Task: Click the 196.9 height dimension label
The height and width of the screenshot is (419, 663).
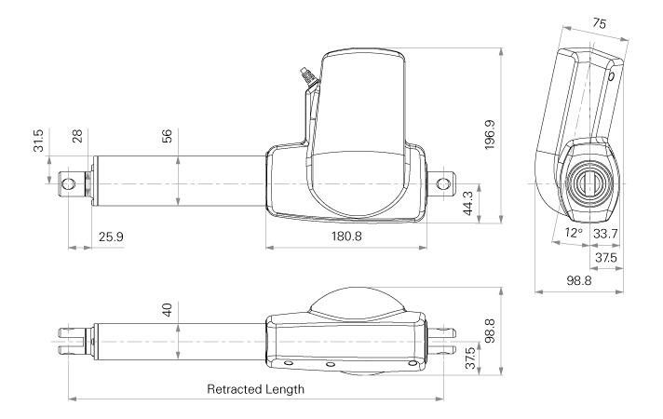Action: point(490,135)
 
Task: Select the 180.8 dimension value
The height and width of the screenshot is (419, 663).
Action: point(346,236)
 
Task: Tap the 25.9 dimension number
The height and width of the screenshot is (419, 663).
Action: point(111,237)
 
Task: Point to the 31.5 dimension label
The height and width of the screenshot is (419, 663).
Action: point(38,141)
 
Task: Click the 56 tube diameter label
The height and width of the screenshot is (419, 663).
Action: point(167,136)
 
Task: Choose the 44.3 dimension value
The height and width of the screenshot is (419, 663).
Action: point(468,203)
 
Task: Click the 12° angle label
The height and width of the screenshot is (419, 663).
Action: point(574,233)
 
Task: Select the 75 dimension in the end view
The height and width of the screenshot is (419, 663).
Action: point(599,23)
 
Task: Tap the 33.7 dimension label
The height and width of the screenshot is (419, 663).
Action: point(605,234)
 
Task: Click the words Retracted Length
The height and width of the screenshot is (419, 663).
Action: point(255,389)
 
